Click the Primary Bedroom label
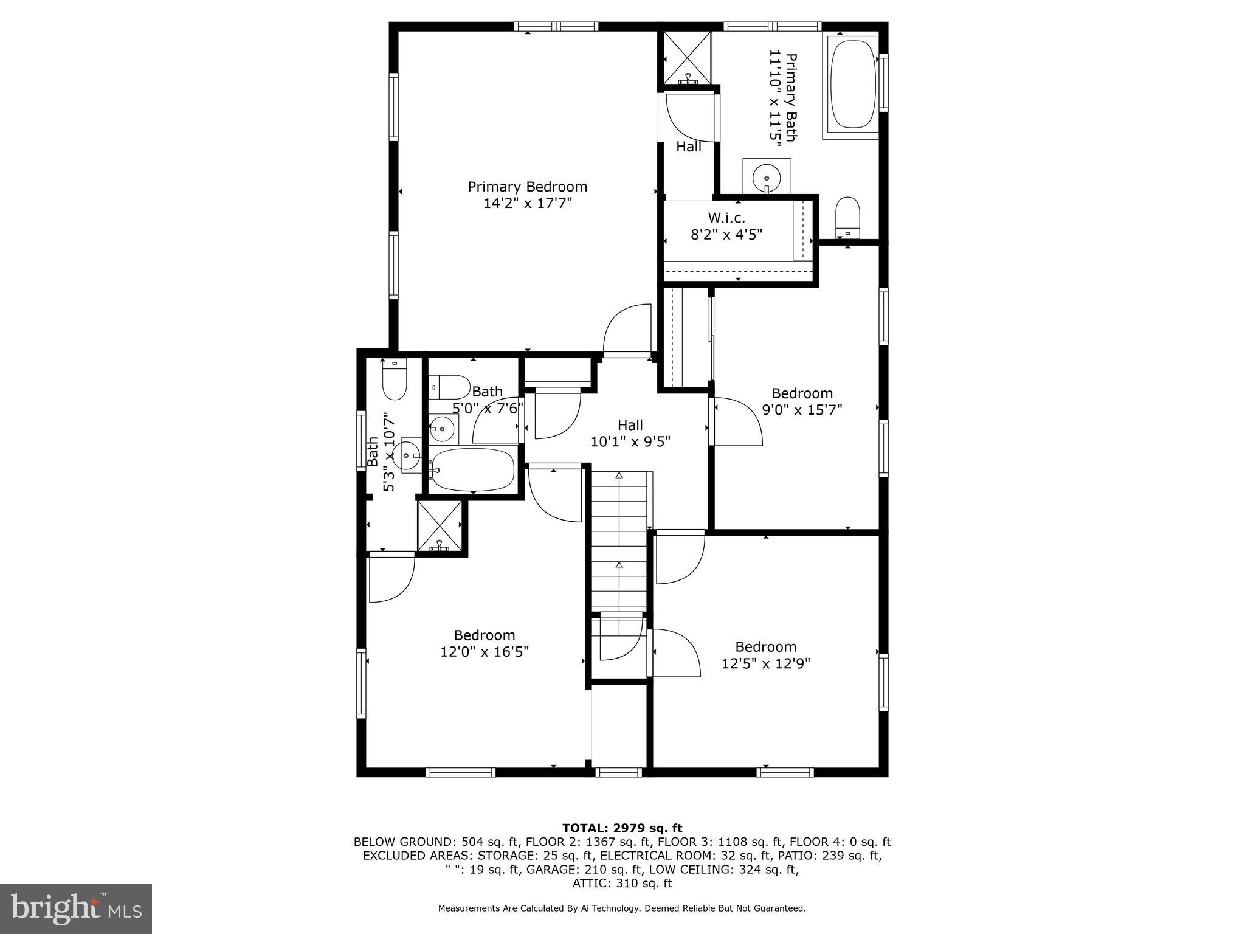[527, 187]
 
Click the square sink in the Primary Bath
[767, 176]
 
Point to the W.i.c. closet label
[726, 218]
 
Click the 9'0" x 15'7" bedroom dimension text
[802, 410]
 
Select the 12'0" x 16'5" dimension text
[485, 652]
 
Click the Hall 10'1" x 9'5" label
[630, 433]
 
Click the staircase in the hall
[619, 541]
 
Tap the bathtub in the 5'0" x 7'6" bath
[473, 469]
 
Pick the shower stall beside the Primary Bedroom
[687, 58]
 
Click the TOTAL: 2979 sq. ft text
[622, 828]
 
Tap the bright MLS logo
[75, 908]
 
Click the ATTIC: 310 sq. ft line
[622, 883]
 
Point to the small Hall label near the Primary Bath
[689, 147]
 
